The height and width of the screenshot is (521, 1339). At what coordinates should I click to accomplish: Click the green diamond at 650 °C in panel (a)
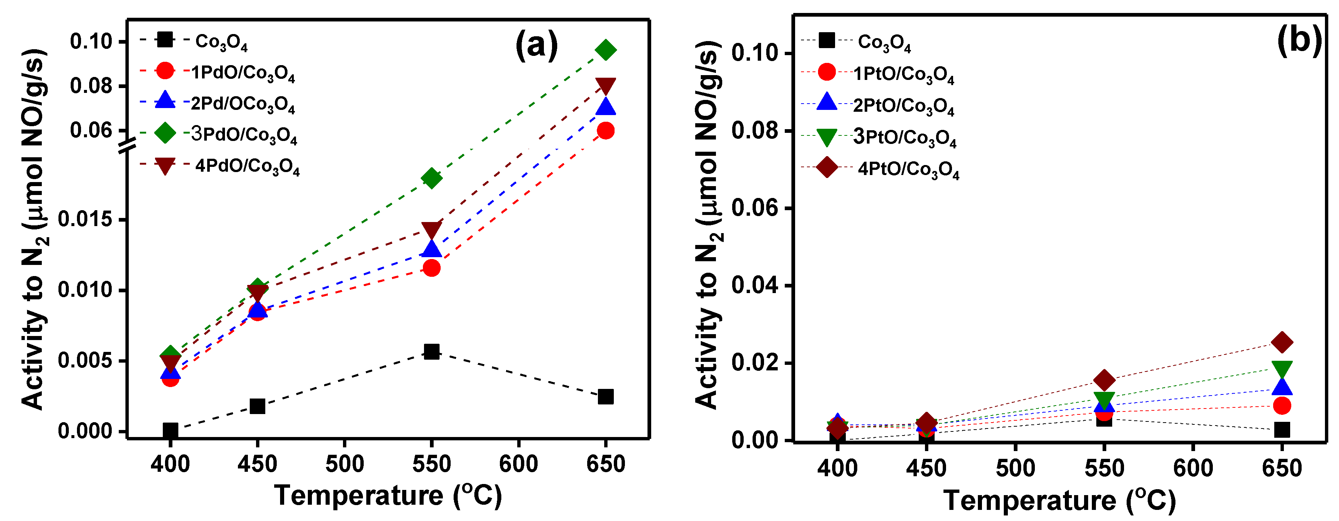606,50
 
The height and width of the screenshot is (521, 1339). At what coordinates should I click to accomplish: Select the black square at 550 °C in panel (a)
431,352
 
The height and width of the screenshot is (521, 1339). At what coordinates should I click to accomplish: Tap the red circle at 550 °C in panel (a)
431,268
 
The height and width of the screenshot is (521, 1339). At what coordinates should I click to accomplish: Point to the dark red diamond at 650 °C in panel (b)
1282,342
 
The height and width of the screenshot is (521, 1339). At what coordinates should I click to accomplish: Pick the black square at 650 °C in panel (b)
1282,430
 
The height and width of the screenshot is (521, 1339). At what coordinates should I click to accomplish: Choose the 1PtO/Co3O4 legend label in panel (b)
904,74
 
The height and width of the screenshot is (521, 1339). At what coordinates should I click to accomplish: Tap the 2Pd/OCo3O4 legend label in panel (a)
243,104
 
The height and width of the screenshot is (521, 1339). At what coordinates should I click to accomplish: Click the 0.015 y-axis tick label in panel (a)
85,219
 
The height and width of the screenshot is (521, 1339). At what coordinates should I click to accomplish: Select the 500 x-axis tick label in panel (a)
344,463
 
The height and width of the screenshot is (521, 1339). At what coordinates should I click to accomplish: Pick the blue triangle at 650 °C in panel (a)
606,107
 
